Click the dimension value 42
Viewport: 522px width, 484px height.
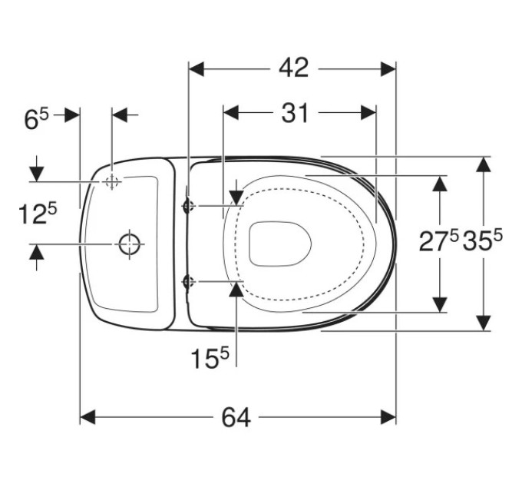[x=293, y=68]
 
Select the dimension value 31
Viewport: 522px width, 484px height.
[x=295, y=113]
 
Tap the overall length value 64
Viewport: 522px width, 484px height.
[x=236, y=417]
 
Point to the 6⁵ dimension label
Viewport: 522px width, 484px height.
[x=36, y=119]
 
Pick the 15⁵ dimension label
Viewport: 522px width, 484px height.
[x=210, y=358]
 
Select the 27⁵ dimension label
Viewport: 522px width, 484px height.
[x=439, y=240]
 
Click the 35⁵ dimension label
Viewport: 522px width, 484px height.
[x=482, y=240]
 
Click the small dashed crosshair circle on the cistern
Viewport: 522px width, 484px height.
[x=112, y=182]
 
